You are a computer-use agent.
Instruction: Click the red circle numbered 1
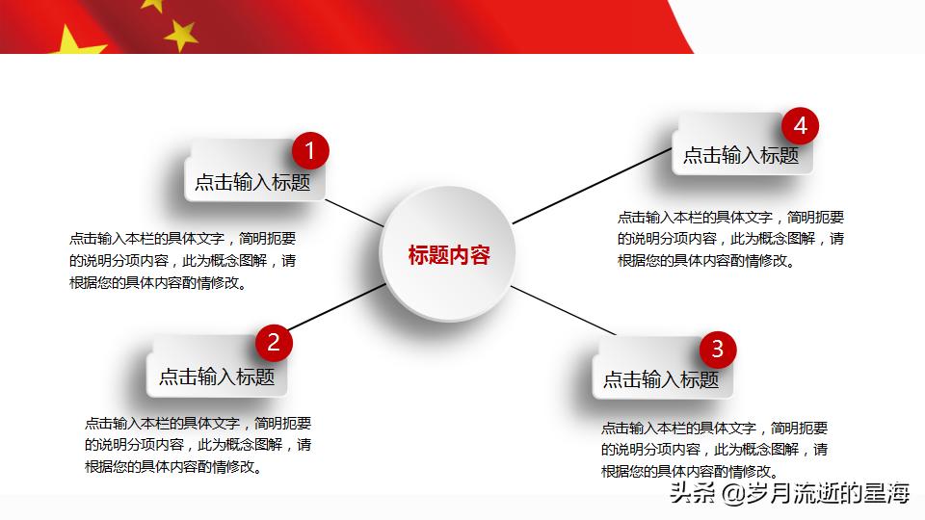[x=310, y=151]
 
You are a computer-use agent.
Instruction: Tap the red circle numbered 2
[x=274, y=343]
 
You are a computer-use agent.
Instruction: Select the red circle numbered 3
[x=718, y=350]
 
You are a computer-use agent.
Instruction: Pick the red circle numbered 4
[x=801, y=125]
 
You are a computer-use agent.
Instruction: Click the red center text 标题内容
[x=449, y=255]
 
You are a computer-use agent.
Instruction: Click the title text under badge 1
[x=252, y=182]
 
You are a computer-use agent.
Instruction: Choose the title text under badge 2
[x=217, y=377]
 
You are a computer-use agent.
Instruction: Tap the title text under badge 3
[x=661, y=379]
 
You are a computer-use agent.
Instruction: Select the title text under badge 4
[x=741, y=156]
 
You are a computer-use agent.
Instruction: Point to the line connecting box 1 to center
[x=355, y=213]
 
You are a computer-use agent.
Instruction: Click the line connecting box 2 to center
[x=336, y=306]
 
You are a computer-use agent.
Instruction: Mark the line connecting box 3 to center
[x=564, y=310]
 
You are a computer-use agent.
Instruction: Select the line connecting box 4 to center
[x=593, y=186]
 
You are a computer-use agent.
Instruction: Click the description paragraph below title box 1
[x=182, y=261]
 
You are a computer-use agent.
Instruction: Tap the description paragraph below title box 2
[x=198, y=445]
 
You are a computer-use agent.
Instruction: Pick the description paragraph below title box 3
[x=714, y=450]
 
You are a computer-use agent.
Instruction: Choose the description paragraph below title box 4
[x=731, y=239]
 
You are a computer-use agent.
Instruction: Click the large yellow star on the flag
[x=74, y=41]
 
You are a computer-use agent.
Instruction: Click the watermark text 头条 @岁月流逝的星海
[x=789, y=493]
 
